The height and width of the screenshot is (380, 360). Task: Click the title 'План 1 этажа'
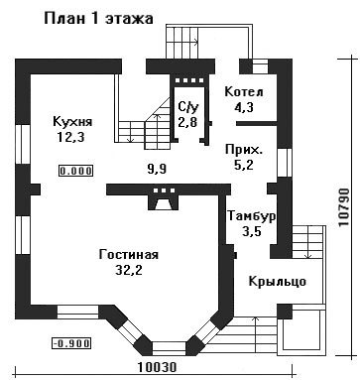[x=98, y=19]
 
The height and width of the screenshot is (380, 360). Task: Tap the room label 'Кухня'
[x=72, y=121]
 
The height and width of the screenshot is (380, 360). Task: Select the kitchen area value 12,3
[x=70, y=137]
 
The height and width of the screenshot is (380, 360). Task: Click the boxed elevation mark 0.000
[x=76, y=171]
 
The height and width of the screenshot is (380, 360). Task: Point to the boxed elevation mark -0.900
[x=71, y=343]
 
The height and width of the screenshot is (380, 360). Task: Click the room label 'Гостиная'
[x=129, y=255]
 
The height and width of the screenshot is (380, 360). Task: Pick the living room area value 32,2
[x=129, y=270]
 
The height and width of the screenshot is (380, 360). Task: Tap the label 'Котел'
[x=244, y=92]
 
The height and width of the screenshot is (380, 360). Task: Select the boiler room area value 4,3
[x=243, y=107]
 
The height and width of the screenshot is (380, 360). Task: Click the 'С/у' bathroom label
[x=188, y=107]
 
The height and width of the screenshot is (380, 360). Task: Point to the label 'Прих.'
[x=244, y=150]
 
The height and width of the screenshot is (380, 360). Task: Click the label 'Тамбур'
[x=252, y=216]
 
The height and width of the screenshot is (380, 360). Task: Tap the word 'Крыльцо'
[x=277, y=282]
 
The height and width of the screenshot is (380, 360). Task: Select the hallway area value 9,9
[x=157, y=170]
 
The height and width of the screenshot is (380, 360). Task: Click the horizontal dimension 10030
[x=157, y=367]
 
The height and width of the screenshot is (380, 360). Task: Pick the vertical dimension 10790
[x=344, y=207]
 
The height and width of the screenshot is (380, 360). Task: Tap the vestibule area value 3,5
[x=252, y=231]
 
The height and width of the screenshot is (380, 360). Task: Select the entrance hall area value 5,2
[x=244, y=165]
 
